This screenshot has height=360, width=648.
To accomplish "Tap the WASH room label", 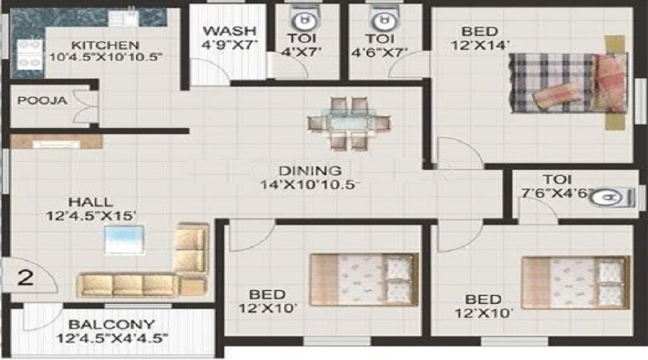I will pyautogui.click(x=230, y=31).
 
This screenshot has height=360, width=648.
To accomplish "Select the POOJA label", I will pyautogui.click(x=42, y=100).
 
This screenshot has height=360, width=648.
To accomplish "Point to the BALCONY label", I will pyautogui.click(x=111, y=325).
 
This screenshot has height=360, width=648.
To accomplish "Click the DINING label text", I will pyautogui.click(x=310, y=171).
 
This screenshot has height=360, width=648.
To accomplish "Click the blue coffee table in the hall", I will pyautogui.click(x=125, y=240).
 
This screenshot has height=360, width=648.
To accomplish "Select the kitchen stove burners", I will pyautogui.click(x=27, y=55).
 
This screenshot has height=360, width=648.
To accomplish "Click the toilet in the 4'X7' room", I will pyautogui.click(x=306, y=18).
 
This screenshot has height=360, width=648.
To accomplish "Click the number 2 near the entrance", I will pyautogui.click(x=26, y=277).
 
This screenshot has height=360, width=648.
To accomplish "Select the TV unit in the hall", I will pyautogui.click(x=55, y=143).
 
